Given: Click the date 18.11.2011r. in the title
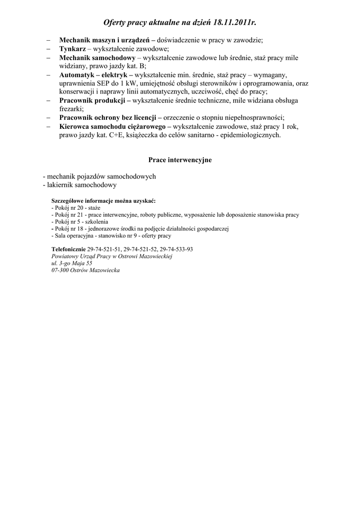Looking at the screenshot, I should [235, 23].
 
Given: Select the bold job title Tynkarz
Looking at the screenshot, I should [73, 49].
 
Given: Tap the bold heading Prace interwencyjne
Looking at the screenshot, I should [180, 160].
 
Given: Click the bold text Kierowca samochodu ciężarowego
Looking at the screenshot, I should [112, 126].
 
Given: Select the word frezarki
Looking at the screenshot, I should [71, 109].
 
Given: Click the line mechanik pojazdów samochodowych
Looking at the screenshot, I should [99, 176].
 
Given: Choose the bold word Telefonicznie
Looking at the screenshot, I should [69, 249].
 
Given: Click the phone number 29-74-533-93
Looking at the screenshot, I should [177, 249].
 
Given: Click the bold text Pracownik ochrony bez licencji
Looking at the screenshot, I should [107, 118].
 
